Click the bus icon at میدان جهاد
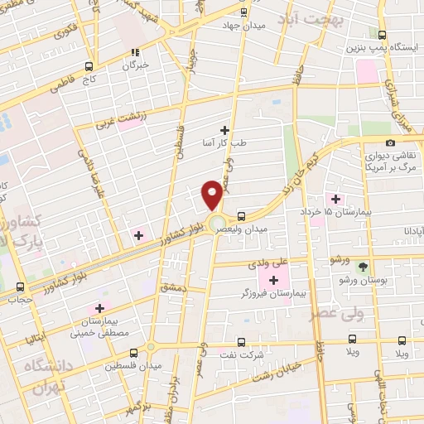[243, 12]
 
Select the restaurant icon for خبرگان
[132, 52]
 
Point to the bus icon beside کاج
[89, 66]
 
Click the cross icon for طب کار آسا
[224, 130]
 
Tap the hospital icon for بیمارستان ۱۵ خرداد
[335, 198]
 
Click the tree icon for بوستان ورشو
[361, 267]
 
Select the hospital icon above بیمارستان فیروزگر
[272, 281]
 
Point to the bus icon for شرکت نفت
[241, 341]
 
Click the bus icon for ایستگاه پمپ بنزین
[383, 36]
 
